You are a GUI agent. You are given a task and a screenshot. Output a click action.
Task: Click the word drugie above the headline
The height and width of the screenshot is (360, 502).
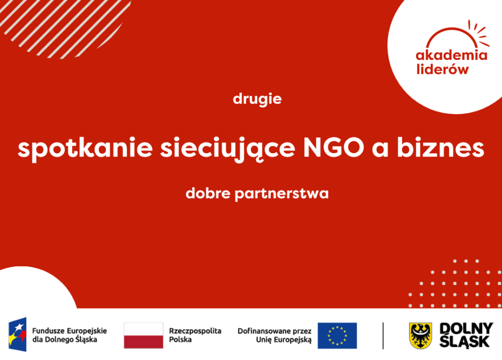pyautogui.click(x=257, y=99)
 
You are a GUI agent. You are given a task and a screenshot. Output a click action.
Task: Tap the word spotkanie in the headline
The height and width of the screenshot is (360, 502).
pyautogui.click(x=85, y=149)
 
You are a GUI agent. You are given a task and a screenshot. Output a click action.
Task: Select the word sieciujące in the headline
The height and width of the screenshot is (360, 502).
pyautogui.click(x=227, y=149)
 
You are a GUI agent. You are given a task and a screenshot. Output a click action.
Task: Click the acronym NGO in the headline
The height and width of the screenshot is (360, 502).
pyautogui.click(x=333, y=148)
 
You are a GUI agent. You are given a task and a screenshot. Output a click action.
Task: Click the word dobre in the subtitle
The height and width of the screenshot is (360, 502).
pyautogui.click(x=208, y=193)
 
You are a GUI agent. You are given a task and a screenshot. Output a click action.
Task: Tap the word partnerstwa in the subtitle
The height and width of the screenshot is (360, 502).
pyautogui.click(x=282, y=194)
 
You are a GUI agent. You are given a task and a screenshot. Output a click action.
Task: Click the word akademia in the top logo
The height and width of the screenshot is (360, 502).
pyautogui.click(x=452, y=55)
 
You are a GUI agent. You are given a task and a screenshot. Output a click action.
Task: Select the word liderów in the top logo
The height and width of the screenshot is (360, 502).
pyautogui.click(x=443, y=69)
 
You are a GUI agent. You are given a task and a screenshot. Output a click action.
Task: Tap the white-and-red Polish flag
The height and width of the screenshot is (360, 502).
pyautogui.click(x=144, y=335)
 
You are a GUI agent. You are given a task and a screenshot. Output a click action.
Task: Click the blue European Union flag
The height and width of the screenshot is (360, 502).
pyautogui.click(x=337, y=335)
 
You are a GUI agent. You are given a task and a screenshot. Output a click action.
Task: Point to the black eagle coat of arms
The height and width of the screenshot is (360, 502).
pyautogui.click(x=421, y=335)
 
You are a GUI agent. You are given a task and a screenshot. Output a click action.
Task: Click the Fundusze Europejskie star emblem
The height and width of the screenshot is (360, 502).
pyautogui.click(x=18, y=334)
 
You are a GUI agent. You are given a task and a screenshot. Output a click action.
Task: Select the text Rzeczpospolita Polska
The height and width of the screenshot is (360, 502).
pyautogui.click(x=195, y=335)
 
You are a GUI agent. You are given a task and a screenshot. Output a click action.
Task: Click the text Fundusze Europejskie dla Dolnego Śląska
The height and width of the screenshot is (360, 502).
pyautogui.click(x=70, y=335)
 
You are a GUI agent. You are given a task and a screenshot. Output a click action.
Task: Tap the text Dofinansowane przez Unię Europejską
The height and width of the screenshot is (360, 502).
pyautogui.click(x=275, y=335)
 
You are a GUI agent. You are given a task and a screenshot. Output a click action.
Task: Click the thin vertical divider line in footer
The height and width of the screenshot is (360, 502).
pyautogui.click(x=383, y=335)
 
